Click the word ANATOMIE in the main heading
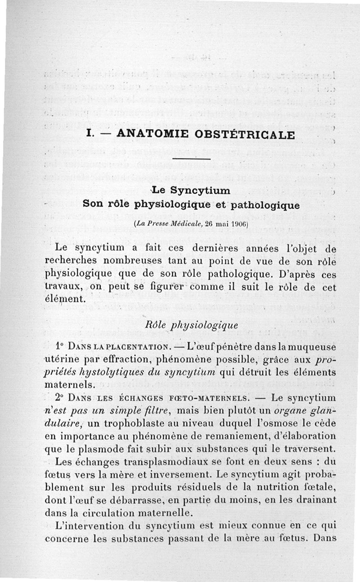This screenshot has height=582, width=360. (145, 134)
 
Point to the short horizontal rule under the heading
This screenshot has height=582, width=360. (191, 159)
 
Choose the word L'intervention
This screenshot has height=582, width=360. (84, 524)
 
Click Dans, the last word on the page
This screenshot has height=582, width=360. (325, 537)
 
